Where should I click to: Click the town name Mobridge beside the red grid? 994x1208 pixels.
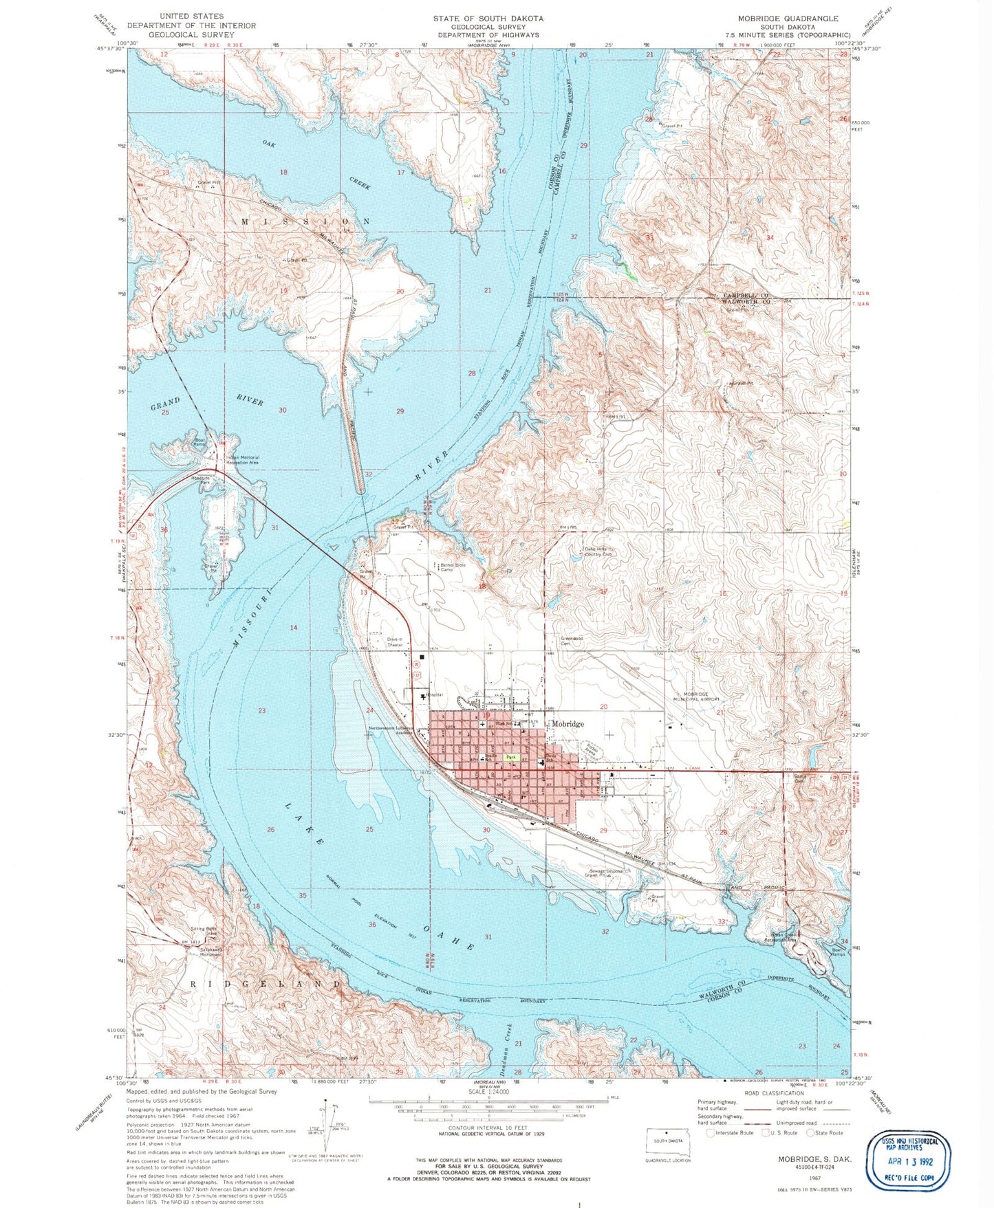click(568, 724)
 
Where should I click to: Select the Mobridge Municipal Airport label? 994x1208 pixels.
click(700, 696)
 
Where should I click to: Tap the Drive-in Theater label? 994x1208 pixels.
click(395, 643)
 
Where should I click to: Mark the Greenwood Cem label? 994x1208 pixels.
click(572, 641)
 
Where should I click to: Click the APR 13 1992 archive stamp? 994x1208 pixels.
click(908, 1162)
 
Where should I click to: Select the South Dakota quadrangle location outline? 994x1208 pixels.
click(665, 1141)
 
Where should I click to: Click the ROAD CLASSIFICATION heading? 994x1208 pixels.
click(774, 1093)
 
